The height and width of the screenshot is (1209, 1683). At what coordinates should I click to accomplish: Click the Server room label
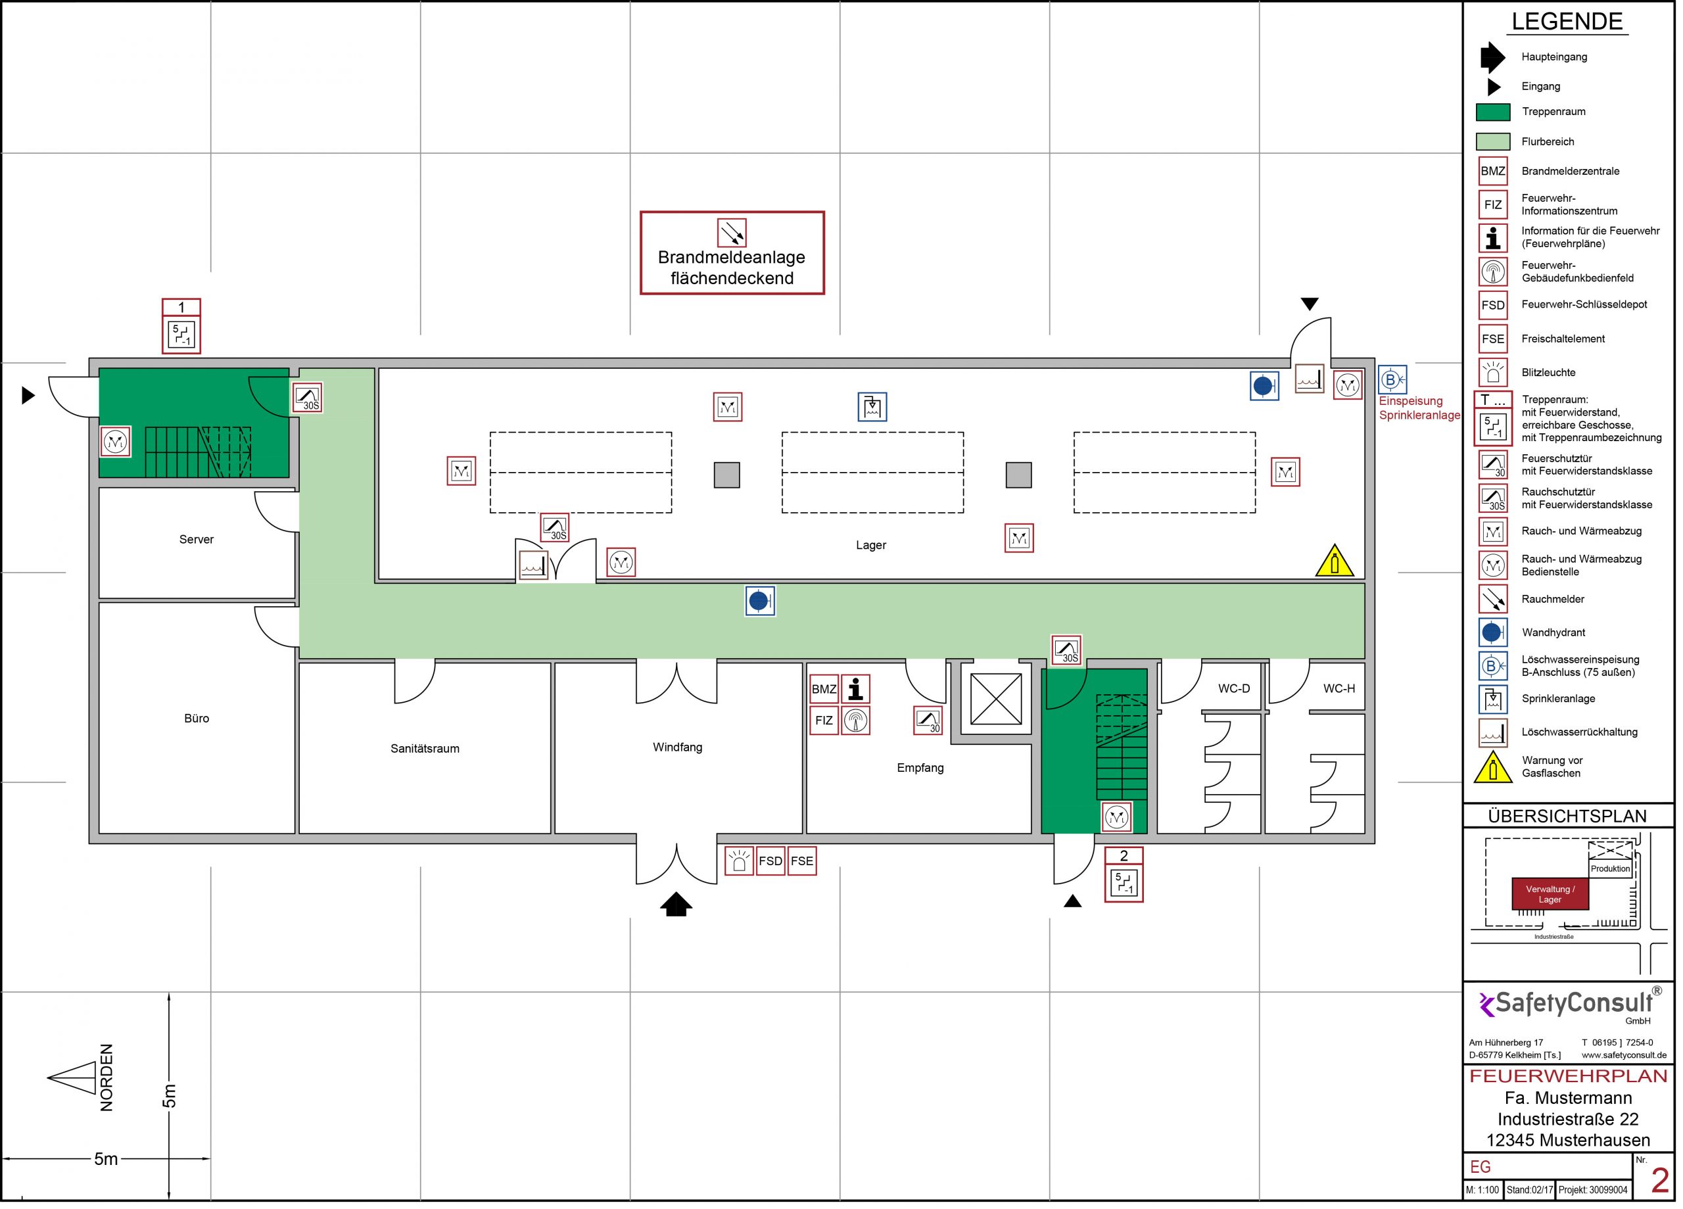(196, 540)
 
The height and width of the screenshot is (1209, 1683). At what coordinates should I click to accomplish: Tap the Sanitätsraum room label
(425, 748)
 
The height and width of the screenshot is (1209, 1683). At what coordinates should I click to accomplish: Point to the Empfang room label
(920, 767)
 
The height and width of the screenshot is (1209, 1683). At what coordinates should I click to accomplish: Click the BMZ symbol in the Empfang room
(824, 689)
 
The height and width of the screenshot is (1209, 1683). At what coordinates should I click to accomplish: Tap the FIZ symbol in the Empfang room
(824, 720)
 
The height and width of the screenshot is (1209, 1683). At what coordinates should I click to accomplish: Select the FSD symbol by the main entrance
(770, 861)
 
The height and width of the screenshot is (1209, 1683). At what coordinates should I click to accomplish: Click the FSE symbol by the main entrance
(801, 861)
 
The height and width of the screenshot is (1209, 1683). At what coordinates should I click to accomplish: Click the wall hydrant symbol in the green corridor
(759, 600)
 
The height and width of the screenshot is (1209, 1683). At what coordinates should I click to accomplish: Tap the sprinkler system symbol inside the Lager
(872, 407)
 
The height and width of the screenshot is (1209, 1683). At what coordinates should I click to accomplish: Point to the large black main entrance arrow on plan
(676, 904)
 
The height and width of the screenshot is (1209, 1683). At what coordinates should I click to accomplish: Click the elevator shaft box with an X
(996, 698)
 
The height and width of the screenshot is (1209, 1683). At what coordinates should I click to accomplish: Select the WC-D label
(1233, 689)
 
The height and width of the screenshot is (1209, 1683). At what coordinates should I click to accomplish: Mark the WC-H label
(1339, 689)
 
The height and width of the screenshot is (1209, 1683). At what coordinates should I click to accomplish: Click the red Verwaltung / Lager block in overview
(1550, 893)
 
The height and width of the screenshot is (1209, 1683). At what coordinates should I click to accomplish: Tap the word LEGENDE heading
(1567, 22)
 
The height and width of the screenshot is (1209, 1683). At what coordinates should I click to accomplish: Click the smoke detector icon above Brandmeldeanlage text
(732, 233)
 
